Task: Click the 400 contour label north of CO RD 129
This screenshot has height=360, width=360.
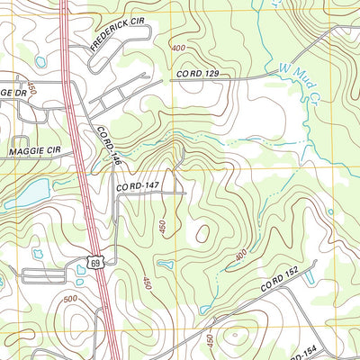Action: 179,48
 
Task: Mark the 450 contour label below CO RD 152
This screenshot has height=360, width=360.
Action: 210,340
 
